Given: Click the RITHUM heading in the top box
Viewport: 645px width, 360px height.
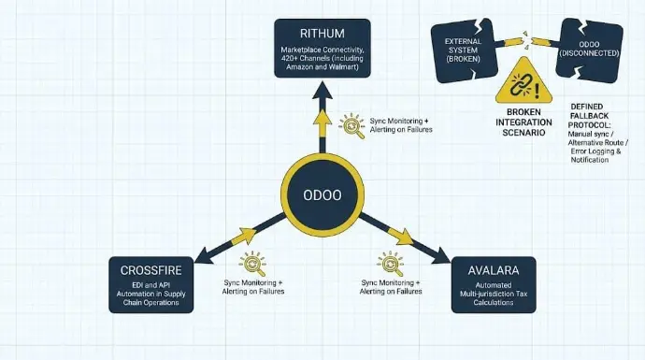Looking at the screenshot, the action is [x=322, y=34].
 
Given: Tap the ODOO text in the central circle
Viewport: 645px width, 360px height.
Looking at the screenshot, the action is [x=322, y=195].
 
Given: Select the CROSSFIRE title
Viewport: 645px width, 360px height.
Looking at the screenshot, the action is [x=150, y=270].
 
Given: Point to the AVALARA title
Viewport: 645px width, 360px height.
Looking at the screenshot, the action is [x=494, y=270].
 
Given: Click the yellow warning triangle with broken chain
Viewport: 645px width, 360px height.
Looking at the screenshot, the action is [x=523, y=82].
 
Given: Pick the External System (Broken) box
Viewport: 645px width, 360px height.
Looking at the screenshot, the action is [x=463, y=50].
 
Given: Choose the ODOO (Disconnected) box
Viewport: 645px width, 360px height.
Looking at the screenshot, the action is [x=589, y=50].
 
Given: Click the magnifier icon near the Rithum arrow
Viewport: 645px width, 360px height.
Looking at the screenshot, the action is [x=352, y=125].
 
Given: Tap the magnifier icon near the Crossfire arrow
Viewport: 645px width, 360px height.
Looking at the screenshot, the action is [x=252, y=264].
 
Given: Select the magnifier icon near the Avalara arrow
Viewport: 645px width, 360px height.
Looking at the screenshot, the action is [x=390, y=264].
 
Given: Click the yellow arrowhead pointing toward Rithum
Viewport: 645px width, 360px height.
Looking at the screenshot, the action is [x=322, y=118].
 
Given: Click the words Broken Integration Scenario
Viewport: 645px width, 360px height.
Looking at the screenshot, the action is [x=523, y=122].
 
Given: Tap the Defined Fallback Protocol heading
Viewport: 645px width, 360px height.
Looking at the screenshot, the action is [x=589, y=116].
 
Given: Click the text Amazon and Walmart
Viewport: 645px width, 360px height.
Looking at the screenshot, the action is [x=322, y=66].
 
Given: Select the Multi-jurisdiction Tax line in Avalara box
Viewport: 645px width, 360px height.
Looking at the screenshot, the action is [x=494, y=294].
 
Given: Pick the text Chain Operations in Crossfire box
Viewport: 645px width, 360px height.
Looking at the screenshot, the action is [x=150, y=302].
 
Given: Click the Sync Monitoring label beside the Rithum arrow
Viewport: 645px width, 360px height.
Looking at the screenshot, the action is [x=399, y=121].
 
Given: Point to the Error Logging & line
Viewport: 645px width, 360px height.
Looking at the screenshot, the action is [x=595, y=151].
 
